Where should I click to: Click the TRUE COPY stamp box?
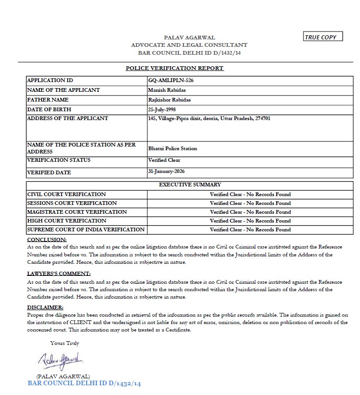tap(323, 37)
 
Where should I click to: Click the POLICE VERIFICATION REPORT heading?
tap(175, 68)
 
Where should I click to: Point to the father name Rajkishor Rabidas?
tap(169, 100)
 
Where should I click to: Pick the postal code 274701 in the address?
tap(263, 118)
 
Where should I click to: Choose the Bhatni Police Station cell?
tap(172, 149)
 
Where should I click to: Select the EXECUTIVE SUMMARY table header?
tap(190, 185)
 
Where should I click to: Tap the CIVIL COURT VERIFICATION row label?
tap(67, 194)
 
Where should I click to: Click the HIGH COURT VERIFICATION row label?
tap(67, 221)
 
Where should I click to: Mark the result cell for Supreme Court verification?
tap(250, 229)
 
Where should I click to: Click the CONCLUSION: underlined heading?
tap(47, 240)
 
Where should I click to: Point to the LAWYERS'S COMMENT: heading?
tap(59, 274)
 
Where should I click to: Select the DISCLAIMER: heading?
tap(45, 307)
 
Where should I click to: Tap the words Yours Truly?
tap(65, 344)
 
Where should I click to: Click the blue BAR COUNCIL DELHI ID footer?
tap(84, 383)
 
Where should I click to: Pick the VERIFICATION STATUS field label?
tap(59, 160)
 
